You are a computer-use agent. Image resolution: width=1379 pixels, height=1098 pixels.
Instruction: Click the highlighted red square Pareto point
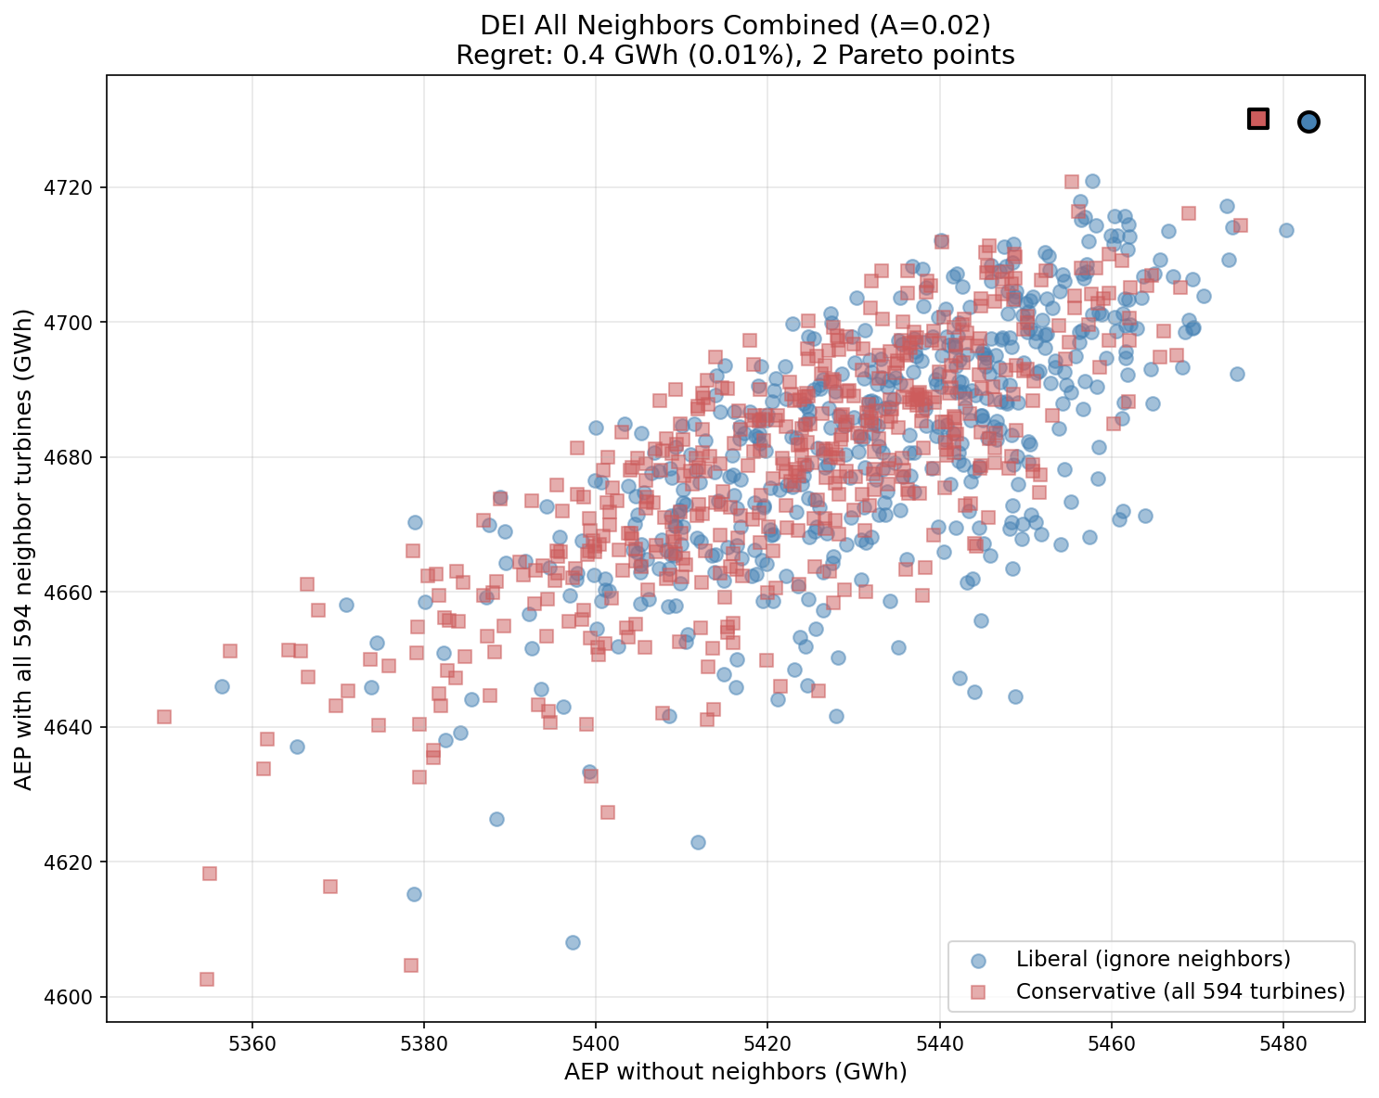coord(1257,119)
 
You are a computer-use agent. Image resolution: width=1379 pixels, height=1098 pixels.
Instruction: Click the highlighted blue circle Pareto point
coord(1308,121)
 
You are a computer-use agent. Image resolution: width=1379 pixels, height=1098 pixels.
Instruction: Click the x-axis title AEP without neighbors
coord(735,1072)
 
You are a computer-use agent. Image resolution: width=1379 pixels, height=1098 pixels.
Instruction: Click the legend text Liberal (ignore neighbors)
coord(1153,958)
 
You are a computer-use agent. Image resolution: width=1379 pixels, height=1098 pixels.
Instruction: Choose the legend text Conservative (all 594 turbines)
coord(1180,991)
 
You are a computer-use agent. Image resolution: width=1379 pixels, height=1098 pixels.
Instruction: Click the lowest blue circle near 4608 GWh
coord(573,942)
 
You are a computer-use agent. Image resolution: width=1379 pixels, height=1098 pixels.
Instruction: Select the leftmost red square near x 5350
coord(164,717)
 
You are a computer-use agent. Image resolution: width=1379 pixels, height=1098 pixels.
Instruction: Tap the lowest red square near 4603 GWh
coord(207,979)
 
